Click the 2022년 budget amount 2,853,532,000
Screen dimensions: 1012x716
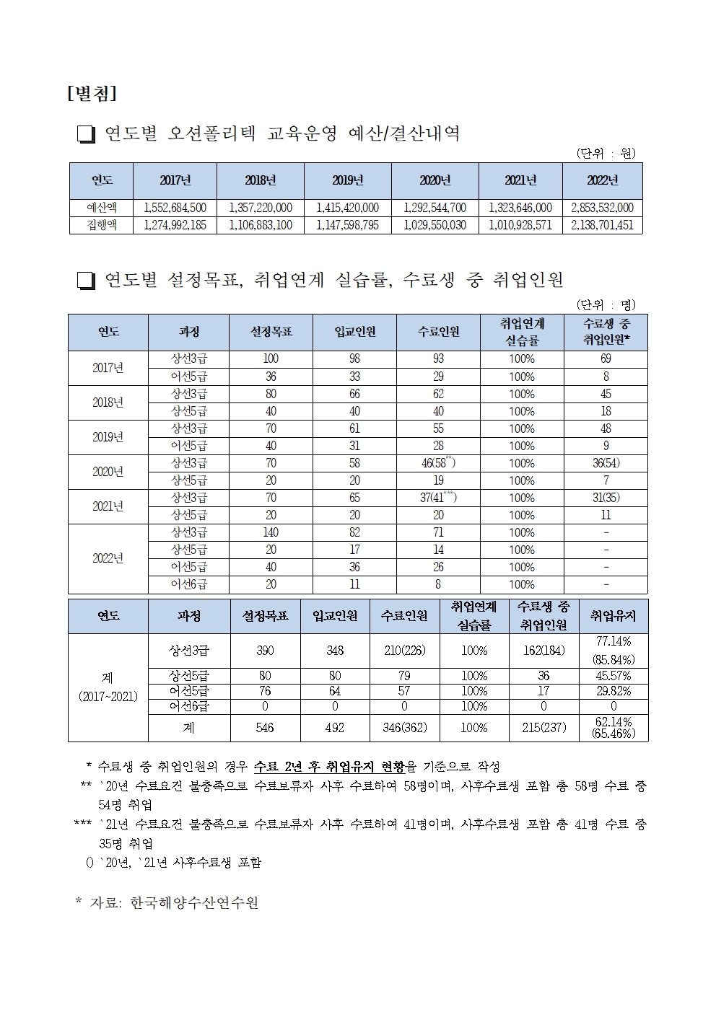[x=602, y=208]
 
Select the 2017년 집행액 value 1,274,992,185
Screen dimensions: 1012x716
[x=175, y=225]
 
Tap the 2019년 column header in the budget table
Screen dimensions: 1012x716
[x=347, y=180]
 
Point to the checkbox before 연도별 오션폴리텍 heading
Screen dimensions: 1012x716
[x=86, y=135]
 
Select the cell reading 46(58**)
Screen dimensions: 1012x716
[x=438, y=463]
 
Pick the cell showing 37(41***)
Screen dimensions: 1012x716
[x=438, y=498]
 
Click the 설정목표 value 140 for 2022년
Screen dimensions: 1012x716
[x=271, y=532]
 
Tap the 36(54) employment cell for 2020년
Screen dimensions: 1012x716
[x=606, y=463]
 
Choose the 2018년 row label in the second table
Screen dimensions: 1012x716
[x=108, y=402]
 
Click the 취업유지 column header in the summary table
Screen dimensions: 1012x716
[x=614, y=616]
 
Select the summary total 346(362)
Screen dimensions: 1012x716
[x=404, y=728]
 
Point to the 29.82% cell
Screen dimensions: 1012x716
[x=614, y=691]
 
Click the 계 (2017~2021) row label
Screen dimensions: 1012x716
[x=108, y=687]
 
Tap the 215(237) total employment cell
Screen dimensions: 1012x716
[x=543, y=728]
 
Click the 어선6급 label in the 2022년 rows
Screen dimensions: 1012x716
[x=188, y=584]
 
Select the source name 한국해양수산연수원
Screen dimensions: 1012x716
[x=194, y=902]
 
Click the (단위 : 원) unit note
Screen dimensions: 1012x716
[x=605, y=153]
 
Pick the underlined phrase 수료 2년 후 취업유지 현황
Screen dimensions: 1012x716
[x=324, y=766]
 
